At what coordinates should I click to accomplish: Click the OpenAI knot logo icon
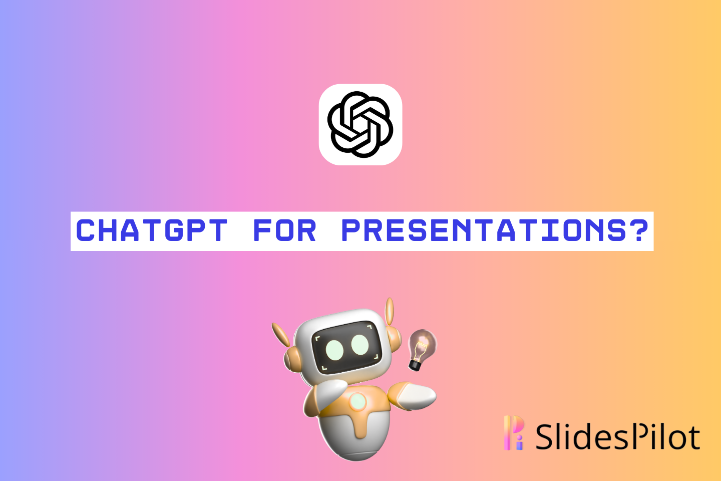point(360,124)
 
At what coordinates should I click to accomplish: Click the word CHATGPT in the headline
point(152,231)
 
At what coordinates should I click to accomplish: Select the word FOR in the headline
point(285,231)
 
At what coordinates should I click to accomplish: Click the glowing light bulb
point(422,345)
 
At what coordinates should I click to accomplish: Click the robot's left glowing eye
point(334,349)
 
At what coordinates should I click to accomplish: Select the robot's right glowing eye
point(360,345)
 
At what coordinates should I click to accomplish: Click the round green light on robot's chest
point(357,401)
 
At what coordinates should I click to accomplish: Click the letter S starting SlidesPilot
point(546,436)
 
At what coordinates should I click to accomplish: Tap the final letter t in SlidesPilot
point(693,437)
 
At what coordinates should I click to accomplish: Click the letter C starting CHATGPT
point(86,231)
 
